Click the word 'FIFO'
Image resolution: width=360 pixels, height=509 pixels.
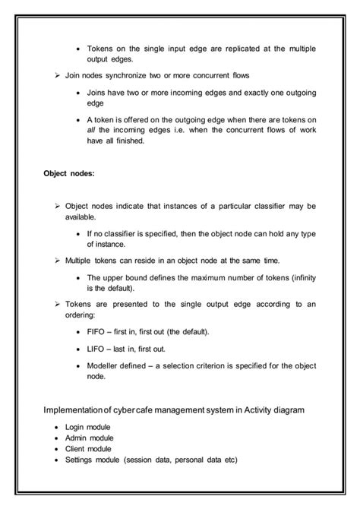(x=96, y=333)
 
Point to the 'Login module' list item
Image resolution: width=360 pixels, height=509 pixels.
(x=87, y=428)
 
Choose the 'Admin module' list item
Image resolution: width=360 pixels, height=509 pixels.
(x=89, y=438)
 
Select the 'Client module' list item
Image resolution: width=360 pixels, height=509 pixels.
(x=88, y=449)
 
